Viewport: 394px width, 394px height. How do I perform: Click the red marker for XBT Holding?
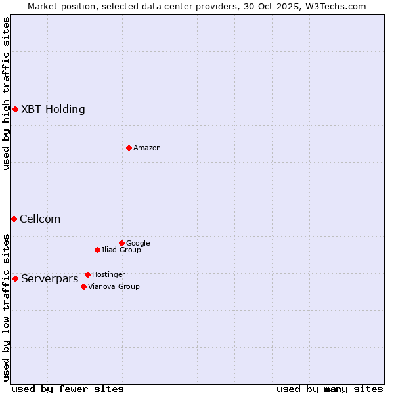click(x=15, y=109)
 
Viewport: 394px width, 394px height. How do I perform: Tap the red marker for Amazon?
click(x=129, y=148)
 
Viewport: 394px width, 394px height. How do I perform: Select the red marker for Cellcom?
click(x=14, y=219)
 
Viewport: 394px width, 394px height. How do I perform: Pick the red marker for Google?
click(x=121, y=243)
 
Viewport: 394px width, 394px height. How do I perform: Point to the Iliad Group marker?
click(x=97, y=250)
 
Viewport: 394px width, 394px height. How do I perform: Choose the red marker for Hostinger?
click(x=87, y=274)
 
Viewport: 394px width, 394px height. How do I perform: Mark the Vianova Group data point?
click(x=83, y=286)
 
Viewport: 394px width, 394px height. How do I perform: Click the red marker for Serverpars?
click(x=15, y=278)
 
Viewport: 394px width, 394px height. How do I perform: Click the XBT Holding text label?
click(x=53, y=110)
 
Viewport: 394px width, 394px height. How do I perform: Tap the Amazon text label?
click(x=147, y=148)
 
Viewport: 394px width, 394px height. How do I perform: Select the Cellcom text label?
click(x=40, y=219)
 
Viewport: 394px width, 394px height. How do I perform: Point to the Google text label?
click(x=138, y=244)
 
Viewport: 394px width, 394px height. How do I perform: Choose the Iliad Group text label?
click(x=121, y=250)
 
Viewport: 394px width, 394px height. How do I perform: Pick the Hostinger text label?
click(x=108, y=275)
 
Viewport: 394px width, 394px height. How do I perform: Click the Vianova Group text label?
click(x=114, y=287)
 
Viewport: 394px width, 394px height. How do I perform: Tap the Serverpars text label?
click(x=49, y=279)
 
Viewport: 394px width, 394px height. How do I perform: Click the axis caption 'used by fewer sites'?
click(x=68, y=389)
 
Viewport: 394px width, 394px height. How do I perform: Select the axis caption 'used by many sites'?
click(x=330, y=389)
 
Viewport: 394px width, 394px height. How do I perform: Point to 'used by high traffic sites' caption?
click(x=6, y=93)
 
